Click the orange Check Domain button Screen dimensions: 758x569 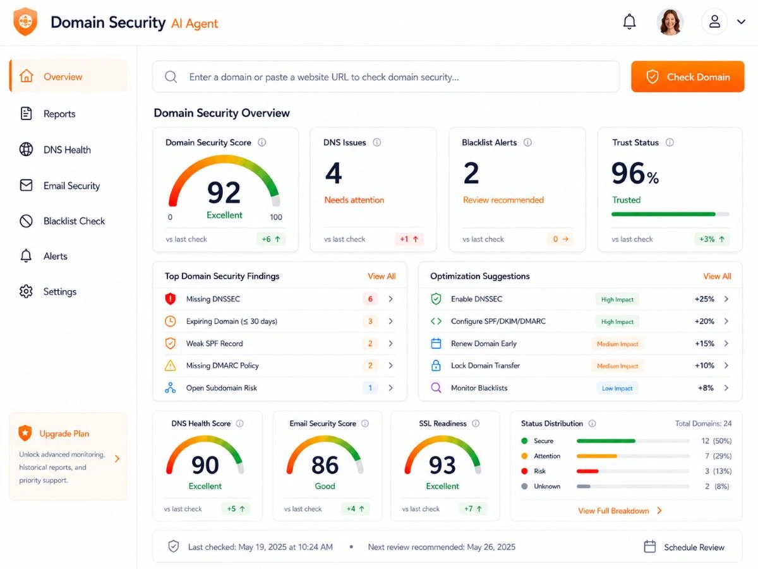pyautogui.click(x=687, y=76)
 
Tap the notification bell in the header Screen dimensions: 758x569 pyautogui.click(x=629, y=21)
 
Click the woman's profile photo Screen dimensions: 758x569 pyautogui.click(x=670, y=21)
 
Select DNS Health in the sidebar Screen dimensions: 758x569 pyautogui.click(x=67, y=150)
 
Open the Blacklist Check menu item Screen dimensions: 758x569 pyautogui.click(x=74, y=221)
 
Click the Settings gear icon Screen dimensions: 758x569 pyautogui.click(x=26, y=291)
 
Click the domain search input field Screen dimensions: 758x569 pyautogui.click(x=386, y=76)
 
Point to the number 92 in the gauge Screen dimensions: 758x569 pyautogui.click(x=224, y=192)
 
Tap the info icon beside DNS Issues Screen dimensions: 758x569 pyautogui.click(x=376, y=142)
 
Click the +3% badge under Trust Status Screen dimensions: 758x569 pyautogui.click(x=712, y=239)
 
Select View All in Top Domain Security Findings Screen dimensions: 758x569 pyautogui.click(x=382, y=276)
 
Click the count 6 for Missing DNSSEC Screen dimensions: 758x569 pyautogui.click(x=370, y=299)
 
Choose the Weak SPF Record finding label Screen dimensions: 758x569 pyautogui.click(x=214, y=343)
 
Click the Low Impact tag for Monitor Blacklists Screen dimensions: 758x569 pyautogui.click(x=617, y=388)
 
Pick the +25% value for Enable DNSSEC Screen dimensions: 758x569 pyautogui.click(x=704, y=299)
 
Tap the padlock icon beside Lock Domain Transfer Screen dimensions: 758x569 pyautogui.click(x=436, y=365)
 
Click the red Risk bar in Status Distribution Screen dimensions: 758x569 pyautogui.click(x=587, y=471)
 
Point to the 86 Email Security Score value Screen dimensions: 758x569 pyautogui.click(x=325, y=465)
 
